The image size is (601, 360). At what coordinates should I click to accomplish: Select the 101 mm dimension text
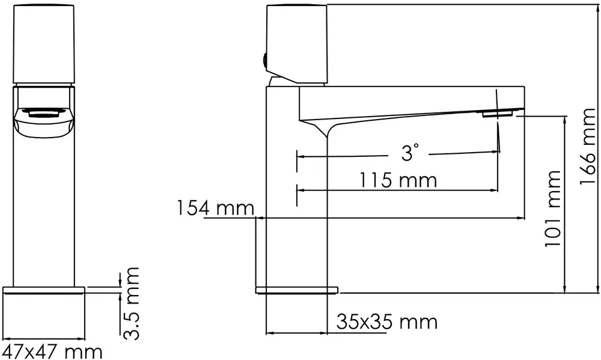(x=552, y=209)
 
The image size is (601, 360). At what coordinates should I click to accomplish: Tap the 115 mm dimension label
(x=398, y=179)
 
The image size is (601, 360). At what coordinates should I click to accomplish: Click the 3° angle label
(x=409, y=154)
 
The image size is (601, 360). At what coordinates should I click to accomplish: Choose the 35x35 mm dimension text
(x=386, y=322)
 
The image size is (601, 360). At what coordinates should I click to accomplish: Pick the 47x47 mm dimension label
(x=50, y=350)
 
